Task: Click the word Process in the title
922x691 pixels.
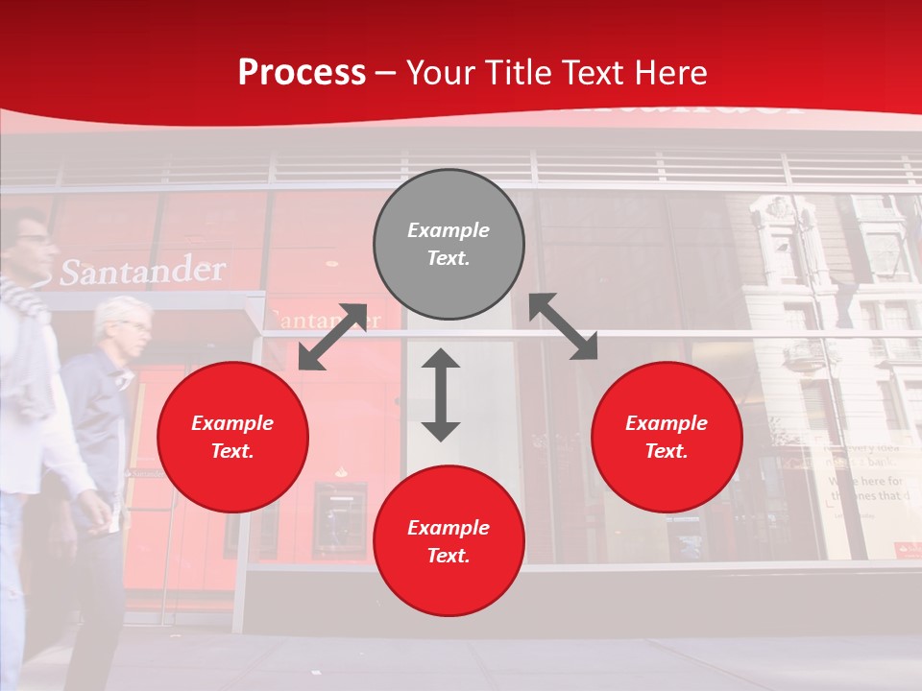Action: pyautogui.click(x=302, y=73)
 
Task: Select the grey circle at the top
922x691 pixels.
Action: pyautogui.click(x=449, y=245)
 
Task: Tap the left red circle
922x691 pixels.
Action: pyautogui.click(x=232, y=437)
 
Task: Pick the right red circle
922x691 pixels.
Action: pyautogui.click(x=667, y=437)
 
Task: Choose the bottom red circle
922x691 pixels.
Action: pyautogui.click(x=449, y=541)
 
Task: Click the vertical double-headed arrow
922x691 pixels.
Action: pyautogui.click(x=441, y=394)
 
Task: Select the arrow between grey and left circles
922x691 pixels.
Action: pyautogui.click(x=332, y=337)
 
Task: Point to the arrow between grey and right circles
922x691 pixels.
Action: pyautogui.click(x=564, y=326)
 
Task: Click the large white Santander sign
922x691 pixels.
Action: pyautogui.click(x=142, y=272)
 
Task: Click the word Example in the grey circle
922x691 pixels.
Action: pyautogui.click(x=449, y=230)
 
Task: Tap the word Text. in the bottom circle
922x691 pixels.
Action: pyautogui.click(x=449, y=556)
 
